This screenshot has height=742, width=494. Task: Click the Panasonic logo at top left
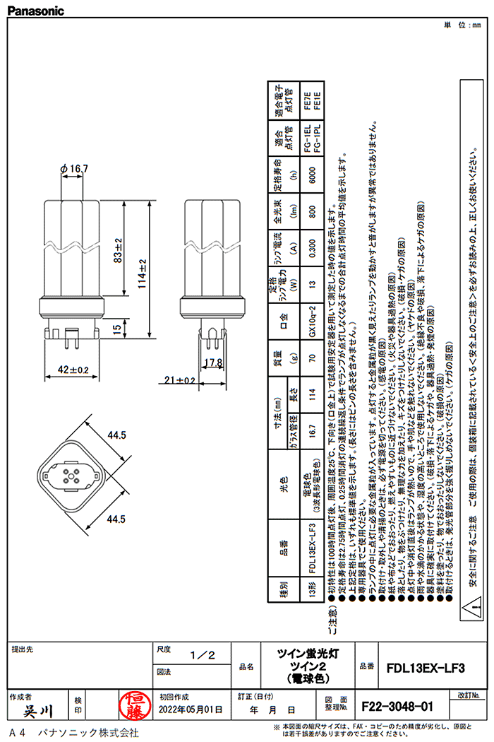coord(35,11)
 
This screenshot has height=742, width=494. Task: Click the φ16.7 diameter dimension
coord(75,168)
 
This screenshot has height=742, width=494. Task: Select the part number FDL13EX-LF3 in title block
coord(426,666)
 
